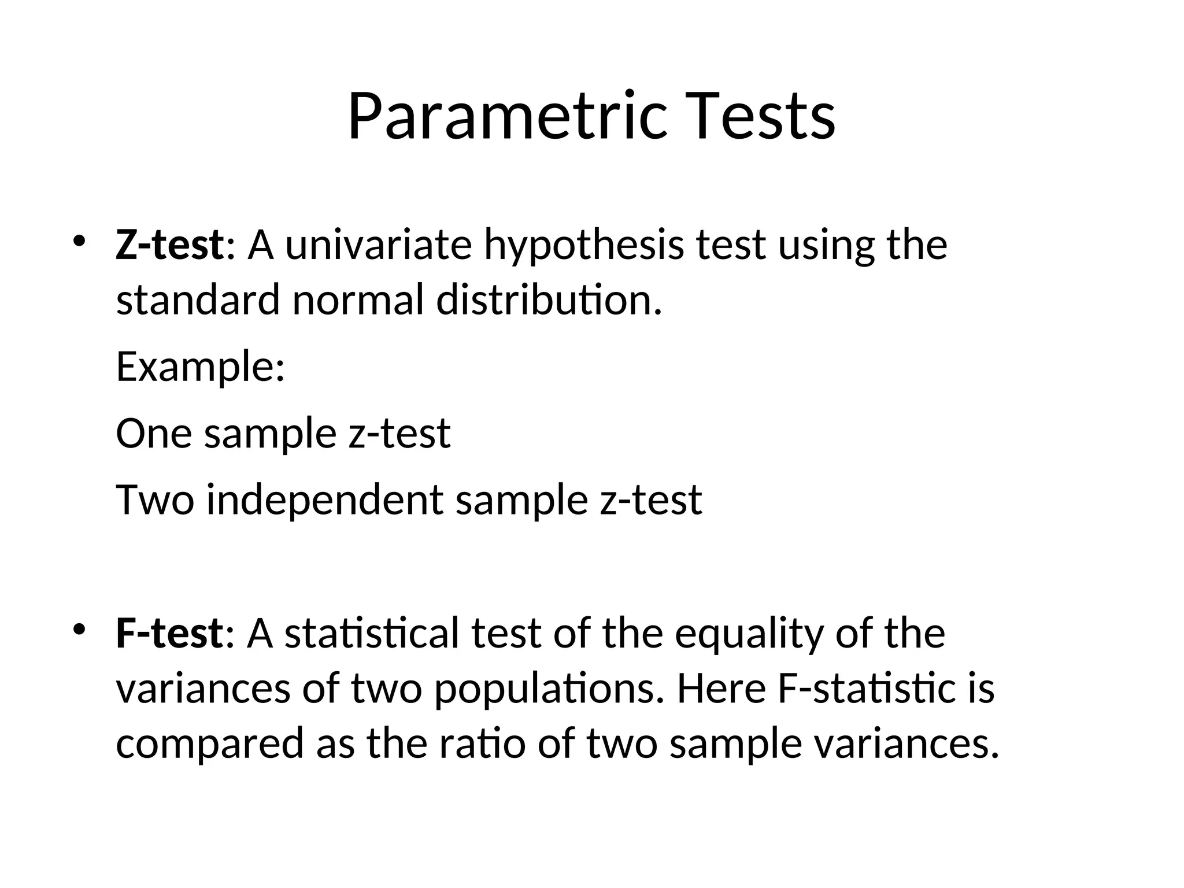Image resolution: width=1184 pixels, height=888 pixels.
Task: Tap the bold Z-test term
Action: click(169, 245)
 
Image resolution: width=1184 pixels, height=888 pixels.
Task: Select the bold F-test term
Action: click(169, 633)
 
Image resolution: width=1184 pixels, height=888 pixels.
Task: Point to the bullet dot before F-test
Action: click(79, 628)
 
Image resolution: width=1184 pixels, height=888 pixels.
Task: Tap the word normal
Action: click(358, 300)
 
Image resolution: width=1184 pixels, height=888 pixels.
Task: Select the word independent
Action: click(324, 499)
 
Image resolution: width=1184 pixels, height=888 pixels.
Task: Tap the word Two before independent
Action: click(154, 499)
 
